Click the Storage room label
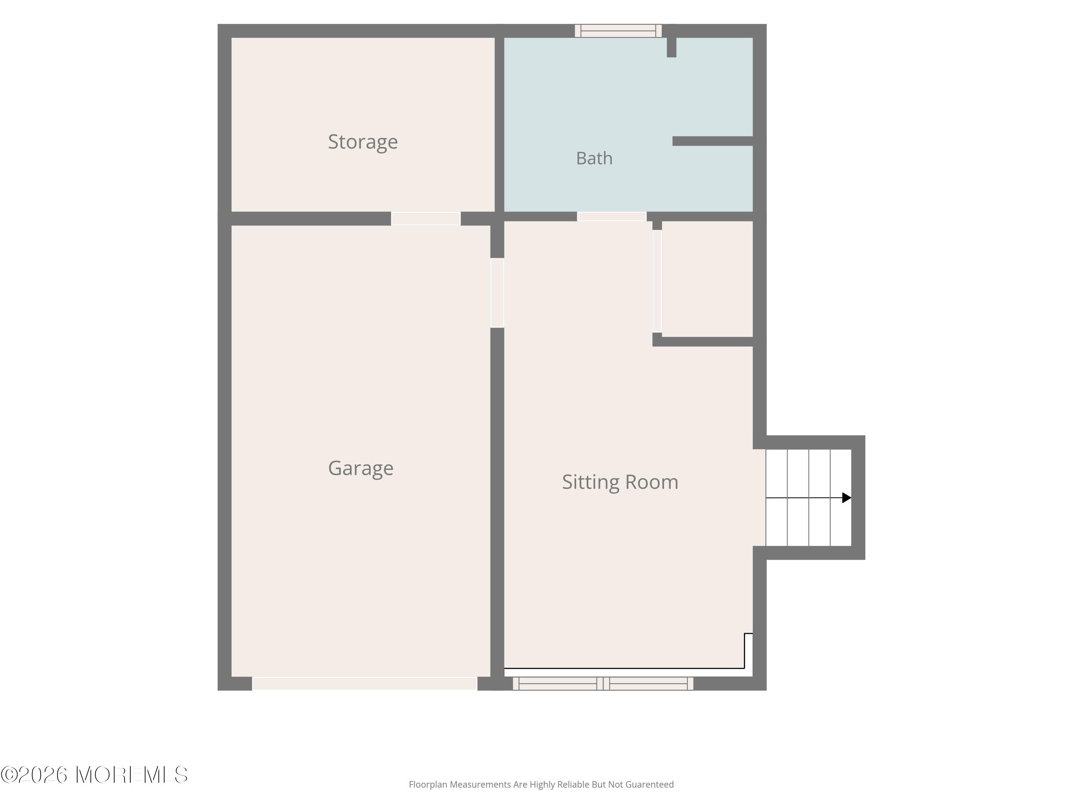click(x=363, y=142)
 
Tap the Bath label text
click(x=594, y=158)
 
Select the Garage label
click(x=361, y=468)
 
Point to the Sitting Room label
click(x=620, y=482)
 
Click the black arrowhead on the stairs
click(x=847, y=498)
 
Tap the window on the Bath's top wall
click(x=618, y=31)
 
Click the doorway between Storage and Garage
click(x=426, y=218)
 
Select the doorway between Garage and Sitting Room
click(x=497, y=293)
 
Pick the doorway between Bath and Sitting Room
click(x=612, y=216)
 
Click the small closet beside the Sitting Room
click(x=707, y=279)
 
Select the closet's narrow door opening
click(x=657, y=281)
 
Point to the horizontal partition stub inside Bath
click(x=712, y=141)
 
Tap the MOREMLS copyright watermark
click(x=94, y=775)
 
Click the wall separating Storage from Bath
click(x=499, y=125)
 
